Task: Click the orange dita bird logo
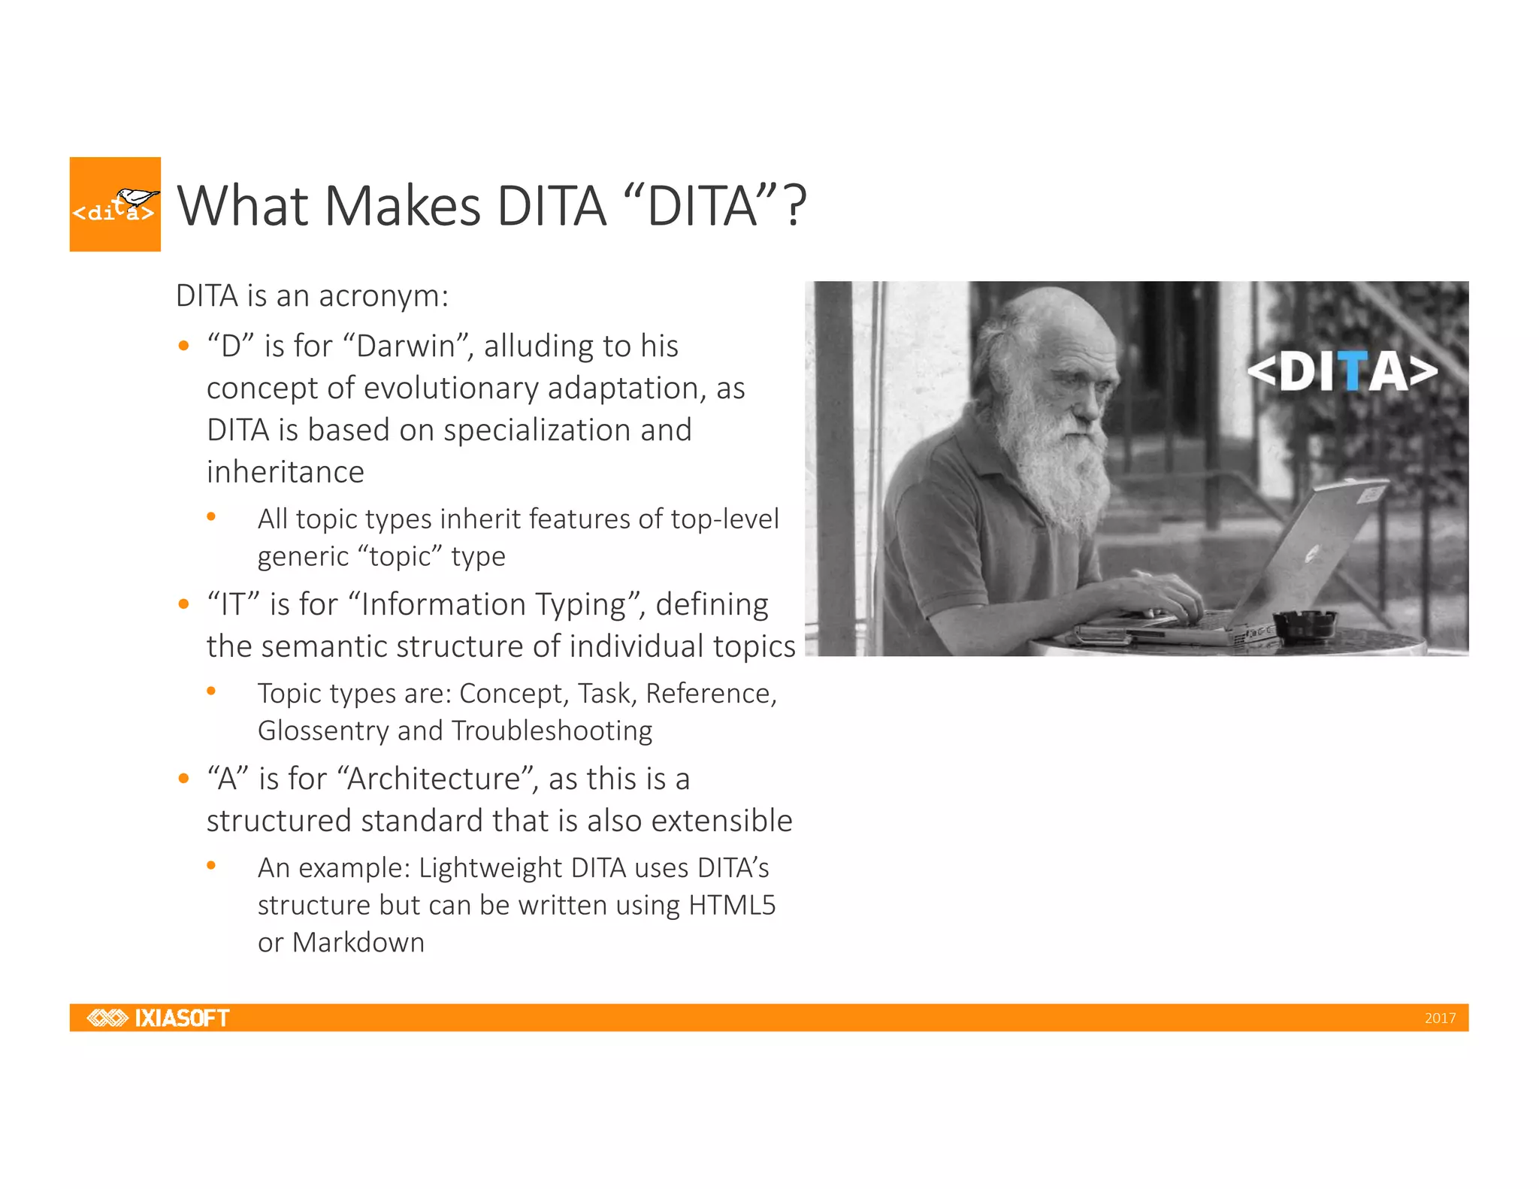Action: [x=115, y=204]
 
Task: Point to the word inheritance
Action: [x=286, y=472]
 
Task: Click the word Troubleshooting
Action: [x=552, y=731]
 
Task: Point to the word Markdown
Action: [x=358, y=942]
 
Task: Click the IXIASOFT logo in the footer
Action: [x=158, y=1018]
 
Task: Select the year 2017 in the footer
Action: [x=1439, y=1018]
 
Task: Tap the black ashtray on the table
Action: [x=1305, y=625]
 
